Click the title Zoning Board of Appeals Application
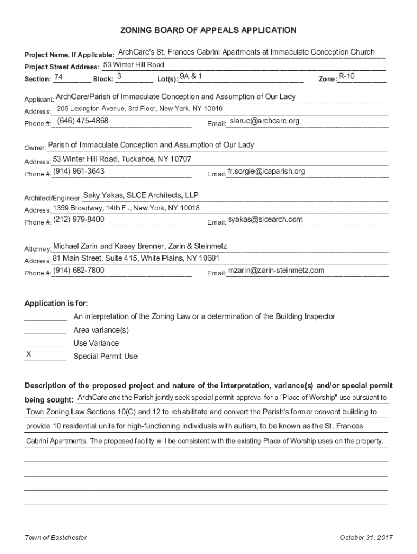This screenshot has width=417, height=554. (x=208, y=30)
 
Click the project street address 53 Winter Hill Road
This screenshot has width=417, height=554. (x=133, y=65)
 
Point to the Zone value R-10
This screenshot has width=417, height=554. (x=347, y=76)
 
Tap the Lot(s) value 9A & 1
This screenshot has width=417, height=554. (x=191, y=76)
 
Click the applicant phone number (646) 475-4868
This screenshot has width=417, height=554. (x=83, y=121)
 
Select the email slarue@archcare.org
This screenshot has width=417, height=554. (x=264, y=121)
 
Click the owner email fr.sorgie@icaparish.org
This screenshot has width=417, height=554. (x=266, y=171)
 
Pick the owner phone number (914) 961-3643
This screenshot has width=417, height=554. (x=79, y=171)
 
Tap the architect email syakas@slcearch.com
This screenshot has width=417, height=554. (x=265, y=219)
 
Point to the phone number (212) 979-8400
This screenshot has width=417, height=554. (x=79, y=219)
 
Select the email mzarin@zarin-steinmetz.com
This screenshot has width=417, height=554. (x=276, y=270)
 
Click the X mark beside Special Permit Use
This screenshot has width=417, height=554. (x=29, y=355)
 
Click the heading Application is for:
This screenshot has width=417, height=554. (x=56, y=303)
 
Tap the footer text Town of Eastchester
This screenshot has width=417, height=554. (x=56, y=537)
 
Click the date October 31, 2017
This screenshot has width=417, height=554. (x=366, y=537)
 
